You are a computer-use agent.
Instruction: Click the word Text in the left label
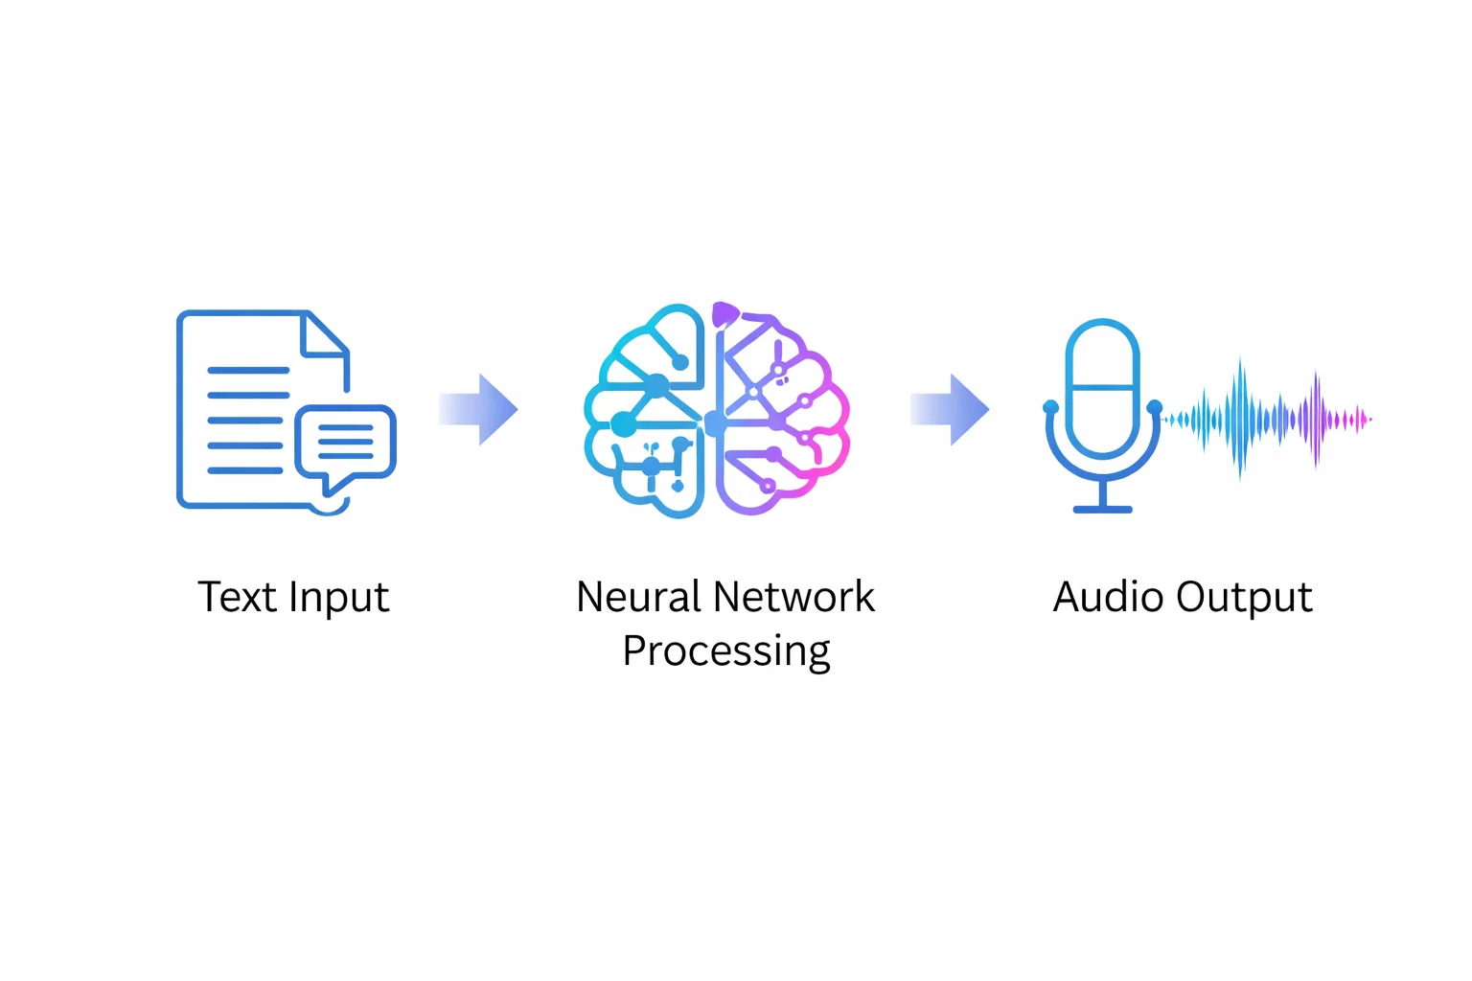click(x=236, y=597)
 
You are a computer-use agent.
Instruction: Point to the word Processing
click(x=725, y=652)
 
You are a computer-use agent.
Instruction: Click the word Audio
click(x=1108, y=597)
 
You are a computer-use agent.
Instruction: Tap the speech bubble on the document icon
click(x=345, y=443)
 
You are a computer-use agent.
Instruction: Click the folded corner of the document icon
click(x=324, y=336)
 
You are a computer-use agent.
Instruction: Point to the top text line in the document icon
click(x=248, y=370)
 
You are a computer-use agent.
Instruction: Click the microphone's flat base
click(x=1102, y=509)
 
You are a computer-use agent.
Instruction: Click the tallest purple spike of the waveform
click(x=1316, y=418)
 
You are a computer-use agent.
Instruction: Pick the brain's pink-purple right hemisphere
click(x=781, y=412)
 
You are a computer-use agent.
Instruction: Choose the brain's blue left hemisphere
click(x=647, y=412)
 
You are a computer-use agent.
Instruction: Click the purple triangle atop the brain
click(x=724, y=314)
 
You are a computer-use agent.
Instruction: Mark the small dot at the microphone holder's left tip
click(x=1050, y=407)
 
